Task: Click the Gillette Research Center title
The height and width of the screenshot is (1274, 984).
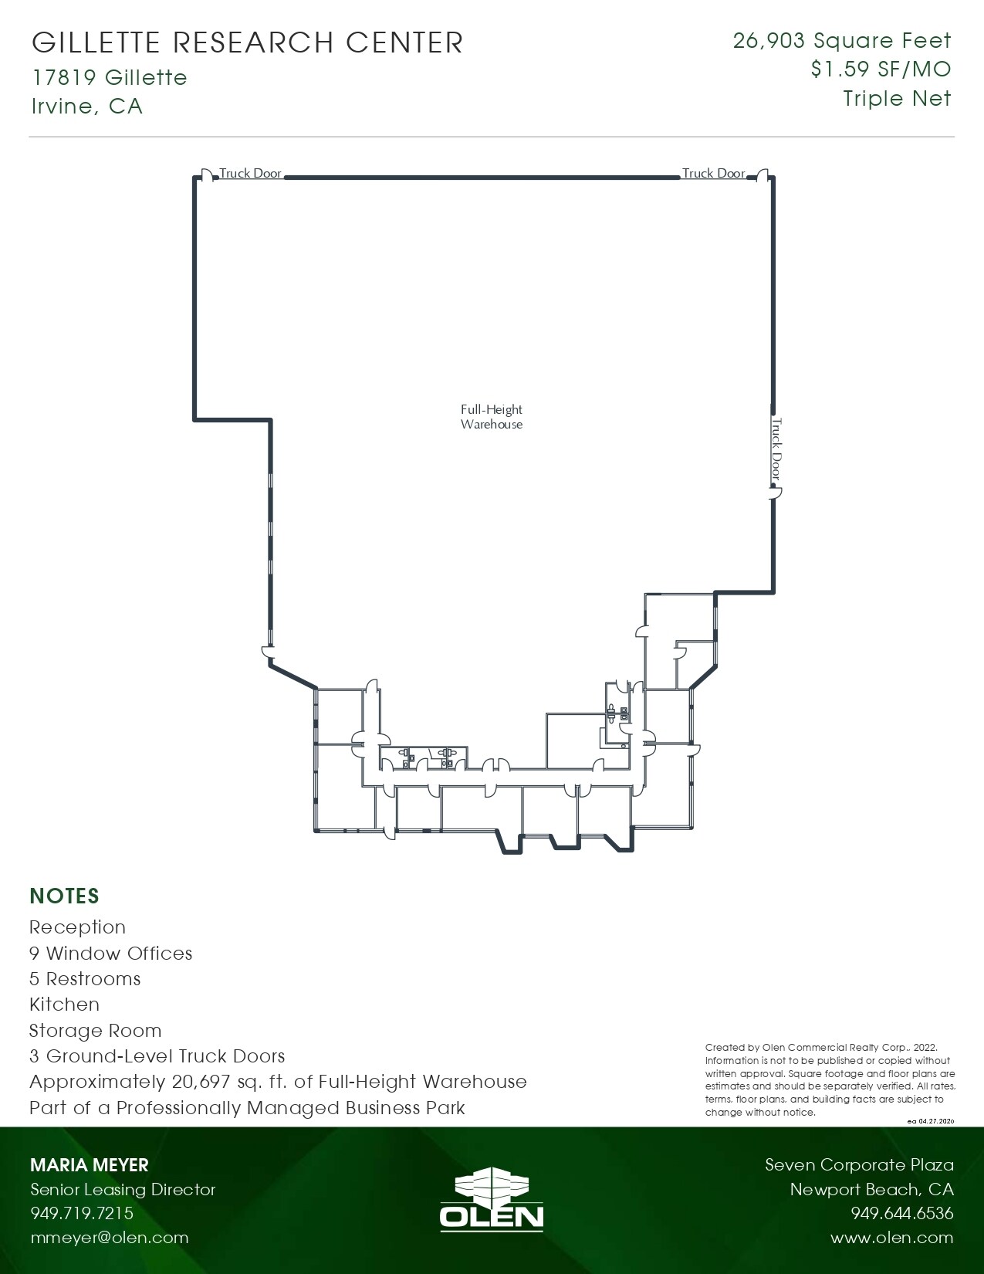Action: [247, 42]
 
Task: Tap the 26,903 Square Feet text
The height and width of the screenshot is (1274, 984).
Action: [842, 41]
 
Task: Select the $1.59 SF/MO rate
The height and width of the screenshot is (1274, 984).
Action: [881, 69]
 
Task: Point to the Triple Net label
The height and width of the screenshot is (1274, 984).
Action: [897, 99]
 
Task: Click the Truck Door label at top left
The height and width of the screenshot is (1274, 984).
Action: [251, 174]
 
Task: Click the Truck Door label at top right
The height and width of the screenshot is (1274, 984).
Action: [713, 174]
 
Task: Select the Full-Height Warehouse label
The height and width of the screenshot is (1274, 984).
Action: [492, 417]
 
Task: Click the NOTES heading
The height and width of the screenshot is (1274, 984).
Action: [65, 896]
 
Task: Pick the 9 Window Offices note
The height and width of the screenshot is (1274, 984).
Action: [110, 954]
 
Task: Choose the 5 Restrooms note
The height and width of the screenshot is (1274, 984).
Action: [85, 979]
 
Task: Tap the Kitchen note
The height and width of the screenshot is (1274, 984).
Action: [65, 1005]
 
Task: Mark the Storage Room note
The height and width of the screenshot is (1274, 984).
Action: [96, 1031]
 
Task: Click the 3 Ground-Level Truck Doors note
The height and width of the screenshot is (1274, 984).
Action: [157, 1056]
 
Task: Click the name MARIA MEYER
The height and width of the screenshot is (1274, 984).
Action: [89, 1165]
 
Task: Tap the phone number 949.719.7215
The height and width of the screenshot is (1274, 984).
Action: [82, 1213]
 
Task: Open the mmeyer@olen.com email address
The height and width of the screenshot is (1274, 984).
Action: [109, 1238]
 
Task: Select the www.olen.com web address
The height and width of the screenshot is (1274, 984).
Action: [891, 1238]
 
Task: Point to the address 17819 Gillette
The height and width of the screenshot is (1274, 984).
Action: [109, 78]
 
